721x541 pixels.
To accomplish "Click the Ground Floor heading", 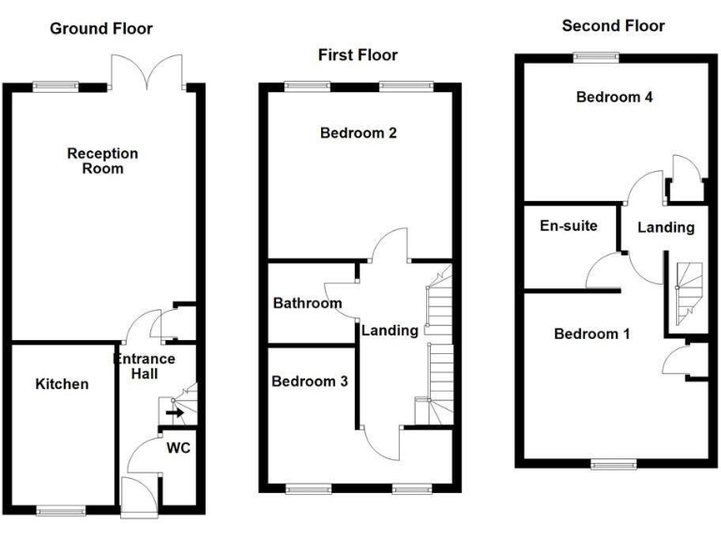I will pos(102,29).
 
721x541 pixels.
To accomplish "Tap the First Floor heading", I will pos(357,55).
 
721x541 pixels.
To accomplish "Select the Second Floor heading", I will pos(613,26).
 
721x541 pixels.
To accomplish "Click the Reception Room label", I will pos(102,161).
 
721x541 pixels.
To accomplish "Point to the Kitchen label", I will pos(62,384).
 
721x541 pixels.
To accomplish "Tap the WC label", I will pos(178,448).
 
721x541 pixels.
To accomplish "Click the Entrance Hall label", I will pos(144,366).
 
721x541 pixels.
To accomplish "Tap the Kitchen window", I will pos(61,511).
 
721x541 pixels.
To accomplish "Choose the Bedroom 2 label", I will pos(359,132).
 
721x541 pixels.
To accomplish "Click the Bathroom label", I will pos(307,303).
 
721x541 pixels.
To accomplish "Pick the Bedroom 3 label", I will pos(310,381).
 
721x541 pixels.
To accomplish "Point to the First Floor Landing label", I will pos(390,330).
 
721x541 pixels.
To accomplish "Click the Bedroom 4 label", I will pos(614,97).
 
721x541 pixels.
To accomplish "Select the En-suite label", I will pos(569,225).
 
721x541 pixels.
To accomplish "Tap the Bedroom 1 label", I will pos(591,333).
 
